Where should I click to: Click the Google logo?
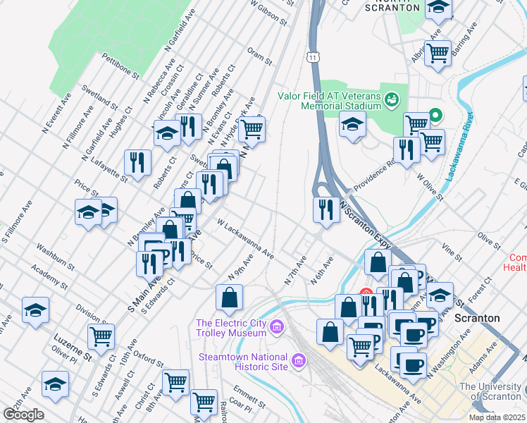[x=23, y=414]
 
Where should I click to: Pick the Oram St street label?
[x=259, y=56]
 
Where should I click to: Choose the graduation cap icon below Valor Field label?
[x=352, y=125]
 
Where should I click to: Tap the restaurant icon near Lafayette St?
[x=137, y=161]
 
